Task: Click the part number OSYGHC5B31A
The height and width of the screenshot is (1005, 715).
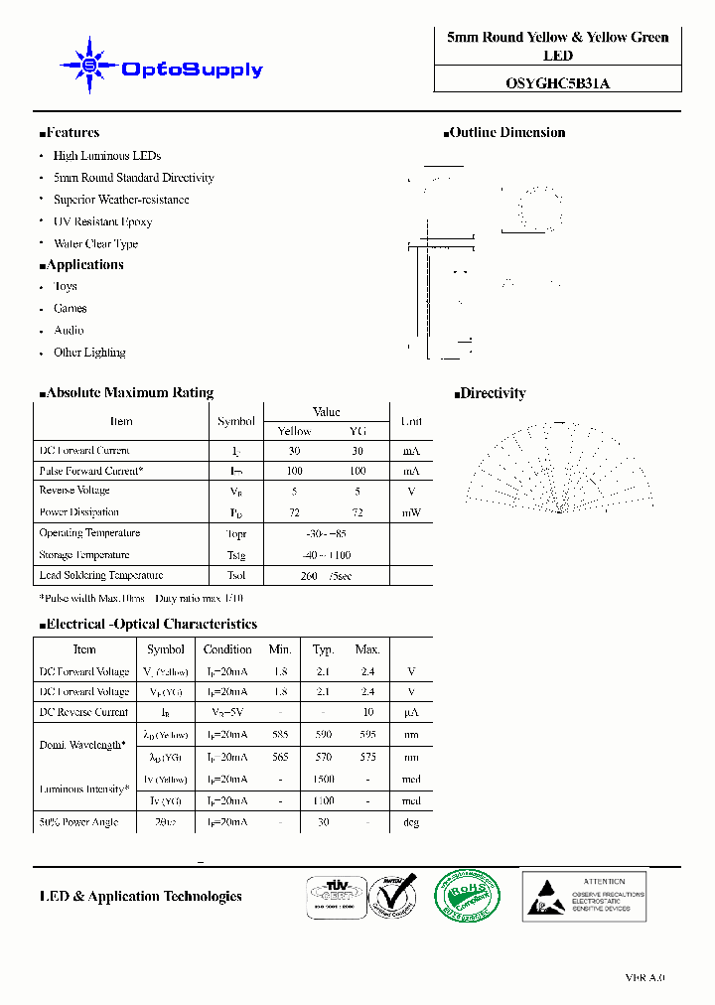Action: [557, 83]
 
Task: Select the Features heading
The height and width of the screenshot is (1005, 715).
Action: [70, 132]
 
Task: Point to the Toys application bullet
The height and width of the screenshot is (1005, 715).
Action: [66, 286]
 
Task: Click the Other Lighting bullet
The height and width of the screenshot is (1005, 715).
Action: [89, 353]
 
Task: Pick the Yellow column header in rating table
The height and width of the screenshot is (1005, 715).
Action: [294, 431]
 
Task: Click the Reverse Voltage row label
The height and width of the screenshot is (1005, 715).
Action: [74, 491]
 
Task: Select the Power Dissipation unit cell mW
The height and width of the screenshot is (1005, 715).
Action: [411, 512]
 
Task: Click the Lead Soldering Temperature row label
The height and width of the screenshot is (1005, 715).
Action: [100, 575]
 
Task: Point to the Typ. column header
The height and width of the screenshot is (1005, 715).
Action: [324, 649]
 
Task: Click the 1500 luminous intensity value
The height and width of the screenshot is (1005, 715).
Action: [324, 780]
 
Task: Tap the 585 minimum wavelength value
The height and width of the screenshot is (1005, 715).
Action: [280, 735]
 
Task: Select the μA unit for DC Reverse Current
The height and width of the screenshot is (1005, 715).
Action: [411, 712]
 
